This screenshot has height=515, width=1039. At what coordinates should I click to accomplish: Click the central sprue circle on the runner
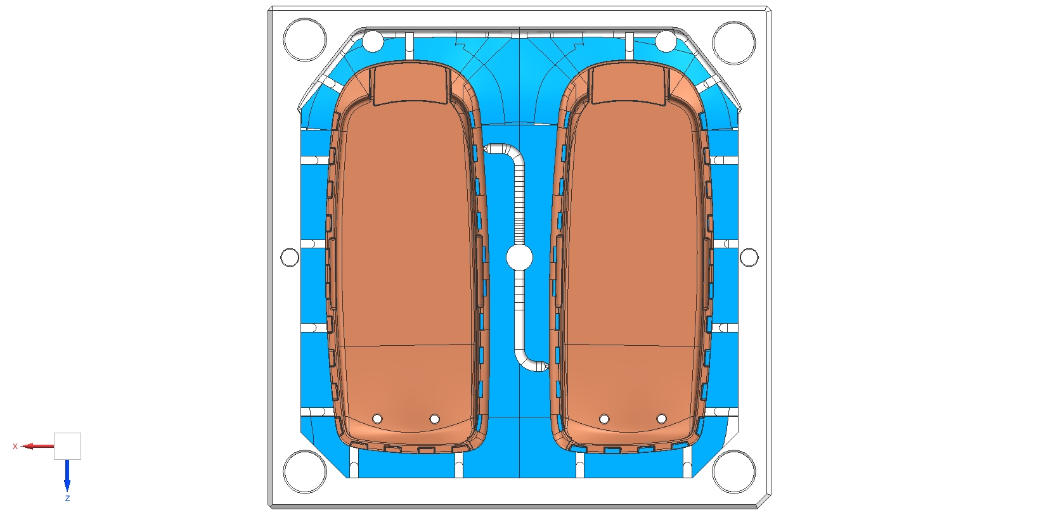point(520,258)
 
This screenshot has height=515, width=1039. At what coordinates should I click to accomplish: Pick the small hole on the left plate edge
point(290,257)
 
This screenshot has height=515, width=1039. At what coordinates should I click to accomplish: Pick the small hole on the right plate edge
point(749,257)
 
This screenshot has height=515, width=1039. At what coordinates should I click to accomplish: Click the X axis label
point(15,447)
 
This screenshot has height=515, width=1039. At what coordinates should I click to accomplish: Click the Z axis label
point(67,499)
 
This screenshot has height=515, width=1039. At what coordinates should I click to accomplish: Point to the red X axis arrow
point(37,447)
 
